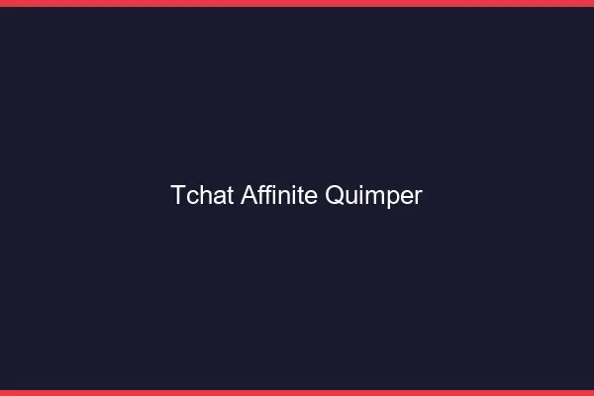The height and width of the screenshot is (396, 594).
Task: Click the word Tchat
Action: click(202, 195)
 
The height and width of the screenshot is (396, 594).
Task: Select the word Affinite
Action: click(279, 195)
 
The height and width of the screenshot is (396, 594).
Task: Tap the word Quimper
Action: click(374, 196)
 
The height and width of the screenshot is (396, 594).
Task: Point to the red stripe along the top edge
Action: click(297, 3)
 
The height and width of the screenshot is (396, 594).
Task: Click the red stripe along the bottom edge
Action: click(297, 392)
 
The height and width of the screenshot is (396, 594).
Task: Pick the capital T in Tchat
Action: click(178, 195)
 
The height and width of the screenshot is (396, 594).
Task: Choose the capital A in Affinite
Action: click(247, 195)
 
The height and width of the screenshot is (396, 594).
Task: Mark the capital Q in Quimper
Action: click(335, 196)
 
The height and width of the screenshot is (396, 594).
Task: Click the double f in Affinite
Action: click(263, 195)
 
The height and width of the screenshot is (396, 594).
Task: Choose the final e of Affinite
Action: click(312, 197)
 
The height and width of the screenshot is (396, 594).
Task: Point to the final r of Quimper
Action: click(418, 197)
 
